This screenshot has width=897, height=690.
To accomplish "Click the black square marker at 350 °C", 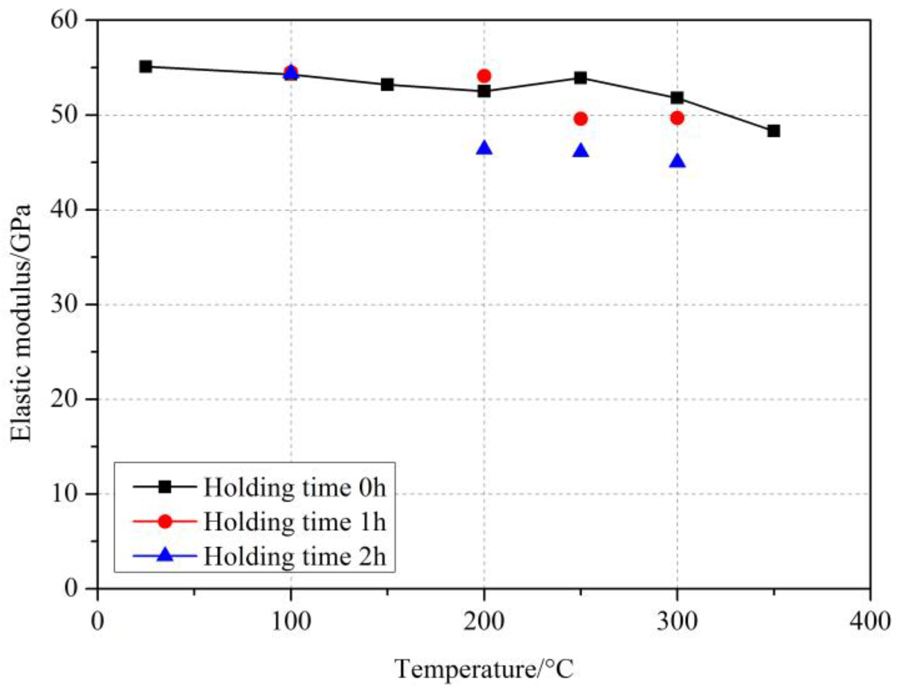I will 773,131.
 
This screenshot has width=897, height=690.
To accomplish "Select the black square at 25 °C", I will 145,66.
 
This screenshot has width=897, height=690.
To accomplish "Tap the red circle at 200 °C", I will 484,76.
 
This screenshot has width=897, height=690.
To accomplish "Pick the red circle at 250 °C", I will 581,119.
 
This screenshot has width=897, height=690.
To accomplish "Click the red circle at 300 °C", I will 677,118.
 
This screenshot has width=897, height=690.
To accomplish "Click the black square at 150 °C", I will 387,85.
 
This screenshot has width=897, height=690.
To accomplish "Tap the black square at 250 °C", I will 581,78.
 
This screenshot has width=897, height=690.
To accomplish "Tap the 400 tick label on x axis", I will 870,622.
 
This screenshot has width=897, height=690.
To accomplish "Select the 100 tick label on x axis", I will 291,622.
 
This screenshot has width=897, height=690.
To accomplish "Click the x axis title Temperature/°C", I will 484,669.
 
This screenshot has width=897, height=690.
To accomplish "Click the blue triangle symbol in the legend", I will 165,555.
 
